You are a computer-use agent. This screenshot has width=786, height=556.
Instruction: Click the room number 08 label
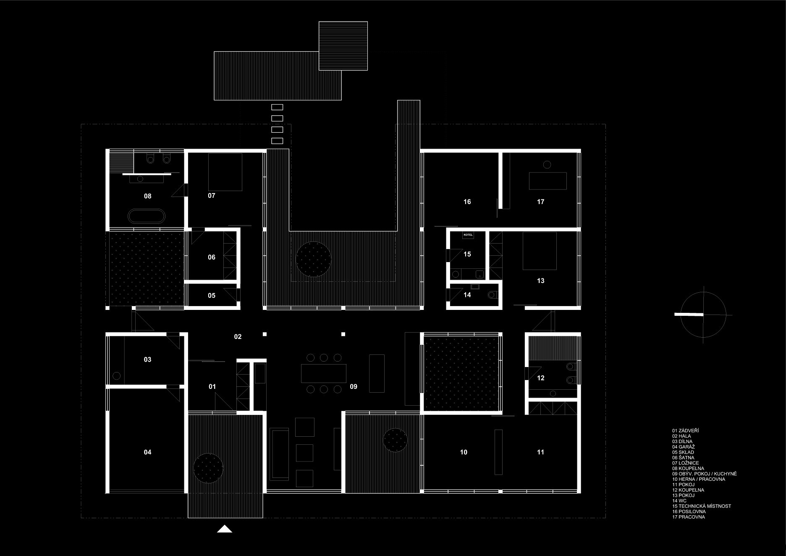[x=147, y=196]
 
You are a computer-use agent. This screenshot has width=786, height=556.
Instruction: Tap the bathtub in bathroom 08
[x=147, y=216]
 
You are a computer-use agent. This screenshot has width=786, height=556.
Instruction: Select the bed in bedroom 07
[x=225, y=172]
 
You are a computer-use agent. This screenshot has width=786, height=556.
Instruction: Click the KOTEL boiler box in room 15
[x=468, y=235]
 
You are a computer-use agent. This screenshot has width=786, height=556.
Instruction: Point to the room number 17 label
[x=540, y=202]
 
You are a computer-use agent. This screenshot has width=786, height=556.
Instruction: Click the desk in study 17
[x=548, y=181]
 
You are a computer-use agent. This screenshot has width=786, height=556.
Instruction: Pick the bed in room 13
[x=540, y=251]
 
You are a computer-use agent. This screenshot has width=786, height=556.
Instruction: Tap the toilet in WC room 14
[x=493, y=295]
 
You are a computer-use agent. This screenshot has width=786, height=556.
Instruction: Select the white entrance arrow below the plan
[x=225, y=529]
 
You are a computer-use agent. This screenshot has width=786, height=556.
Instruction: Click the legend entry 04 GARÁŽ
[x=683, y=447]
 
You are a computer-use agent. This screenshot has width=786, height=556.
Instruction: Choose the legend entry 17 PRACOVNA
[x=688, y=517]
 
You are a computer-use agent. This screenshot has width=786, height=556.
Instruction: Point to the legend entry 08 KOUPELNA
[x=688, y=468]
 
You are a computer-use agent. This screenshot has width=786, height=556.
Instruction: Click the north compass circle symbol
[x=703, y=315]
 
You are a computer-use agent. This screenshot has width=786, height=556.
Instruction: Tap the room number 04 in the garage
[x=147, y=452]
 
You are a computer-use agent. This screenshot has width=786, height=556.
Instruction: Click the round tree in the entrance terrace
[x=208, y=468]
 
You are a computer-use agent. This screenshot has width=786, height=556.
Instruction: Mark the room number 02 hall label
[x=238, y=337]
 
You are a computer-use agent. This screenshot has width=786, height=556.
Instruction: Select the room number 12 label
[x=540, y=378]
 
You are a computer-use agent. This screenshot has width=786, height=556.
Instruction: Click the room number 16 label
[x=467, y=202]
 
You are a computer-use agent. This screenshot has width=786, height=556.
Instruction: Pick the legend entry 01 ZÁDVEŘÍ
[x=685, y=431]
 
